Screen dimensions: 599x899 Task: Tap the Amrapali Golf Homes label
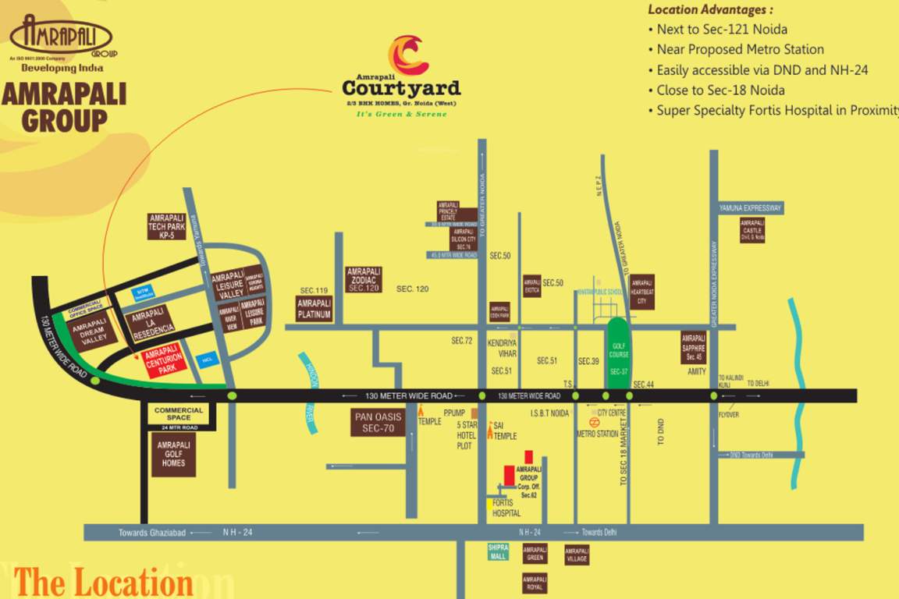(x=173, y=453)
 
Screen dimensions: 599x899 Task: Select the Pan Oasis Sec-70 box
(x=378, y=422)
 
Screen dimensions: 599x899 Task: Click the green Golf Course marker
(x=618, y=353)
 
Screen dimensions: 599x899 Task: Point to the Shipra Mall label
(x=498, y=552)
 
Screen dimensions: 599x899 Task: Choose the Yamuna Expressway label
(x=750, y=208)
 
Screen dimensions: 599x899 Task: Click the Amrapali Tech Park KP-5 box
(x=166, y=226)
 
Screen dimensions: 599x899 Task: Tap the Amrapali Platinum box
(x=314, y=309)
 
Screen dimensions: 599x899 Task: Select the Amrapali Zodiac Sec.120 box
(x=364, y=279)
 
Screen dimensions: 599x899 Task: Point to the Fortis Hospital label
(x=506, y=509)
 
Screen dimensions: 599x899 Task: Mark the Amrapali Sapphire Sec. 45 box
(x=694, y=348)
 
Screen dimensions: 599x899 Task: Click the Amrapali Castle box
(x=752, y=230)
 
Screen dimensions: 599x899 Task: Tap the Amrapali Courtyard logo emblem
(x=407, y=55)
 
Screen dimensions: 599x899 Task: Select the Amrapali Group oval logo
(x=61, y=37)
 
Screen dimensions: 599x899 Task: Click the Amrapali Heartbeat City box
(x=642, y=292)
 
